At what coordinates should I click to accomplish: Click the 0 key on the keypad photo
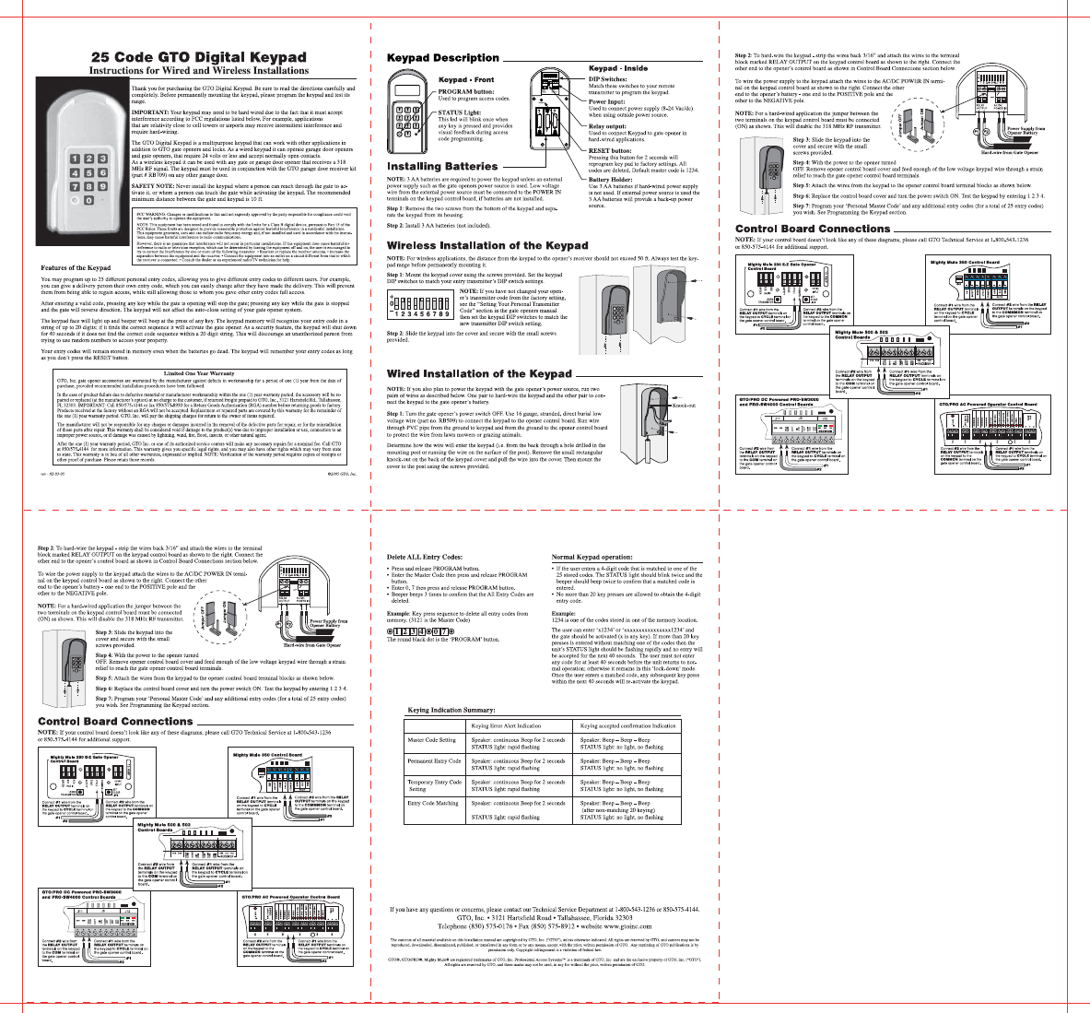(x=89, y=200)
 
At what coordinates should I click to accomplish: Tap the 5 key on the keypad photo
(x=89, y=173)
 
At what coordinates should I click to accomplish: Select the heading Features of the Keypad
(x=76, y=268)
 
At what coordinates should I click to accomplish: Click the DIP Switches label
(x=607, y=79)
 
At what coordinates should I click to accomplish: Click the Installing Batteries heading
(x=441, y=167)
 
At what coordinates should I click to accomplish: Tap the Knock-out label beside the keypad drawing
(x=683, y=405)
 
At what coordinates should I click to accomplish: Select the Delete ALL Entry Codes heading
(x=424, y=558)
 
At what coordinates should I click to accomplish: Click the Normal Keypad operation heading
(x=592, y=558)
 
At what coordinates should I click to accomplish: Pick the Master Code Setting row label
(x=431, y=740)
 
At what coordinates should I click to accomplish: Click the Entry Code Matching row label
(x=432, y=803)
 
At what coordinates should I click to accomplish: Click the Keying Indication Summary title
(x=451, y=710)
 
